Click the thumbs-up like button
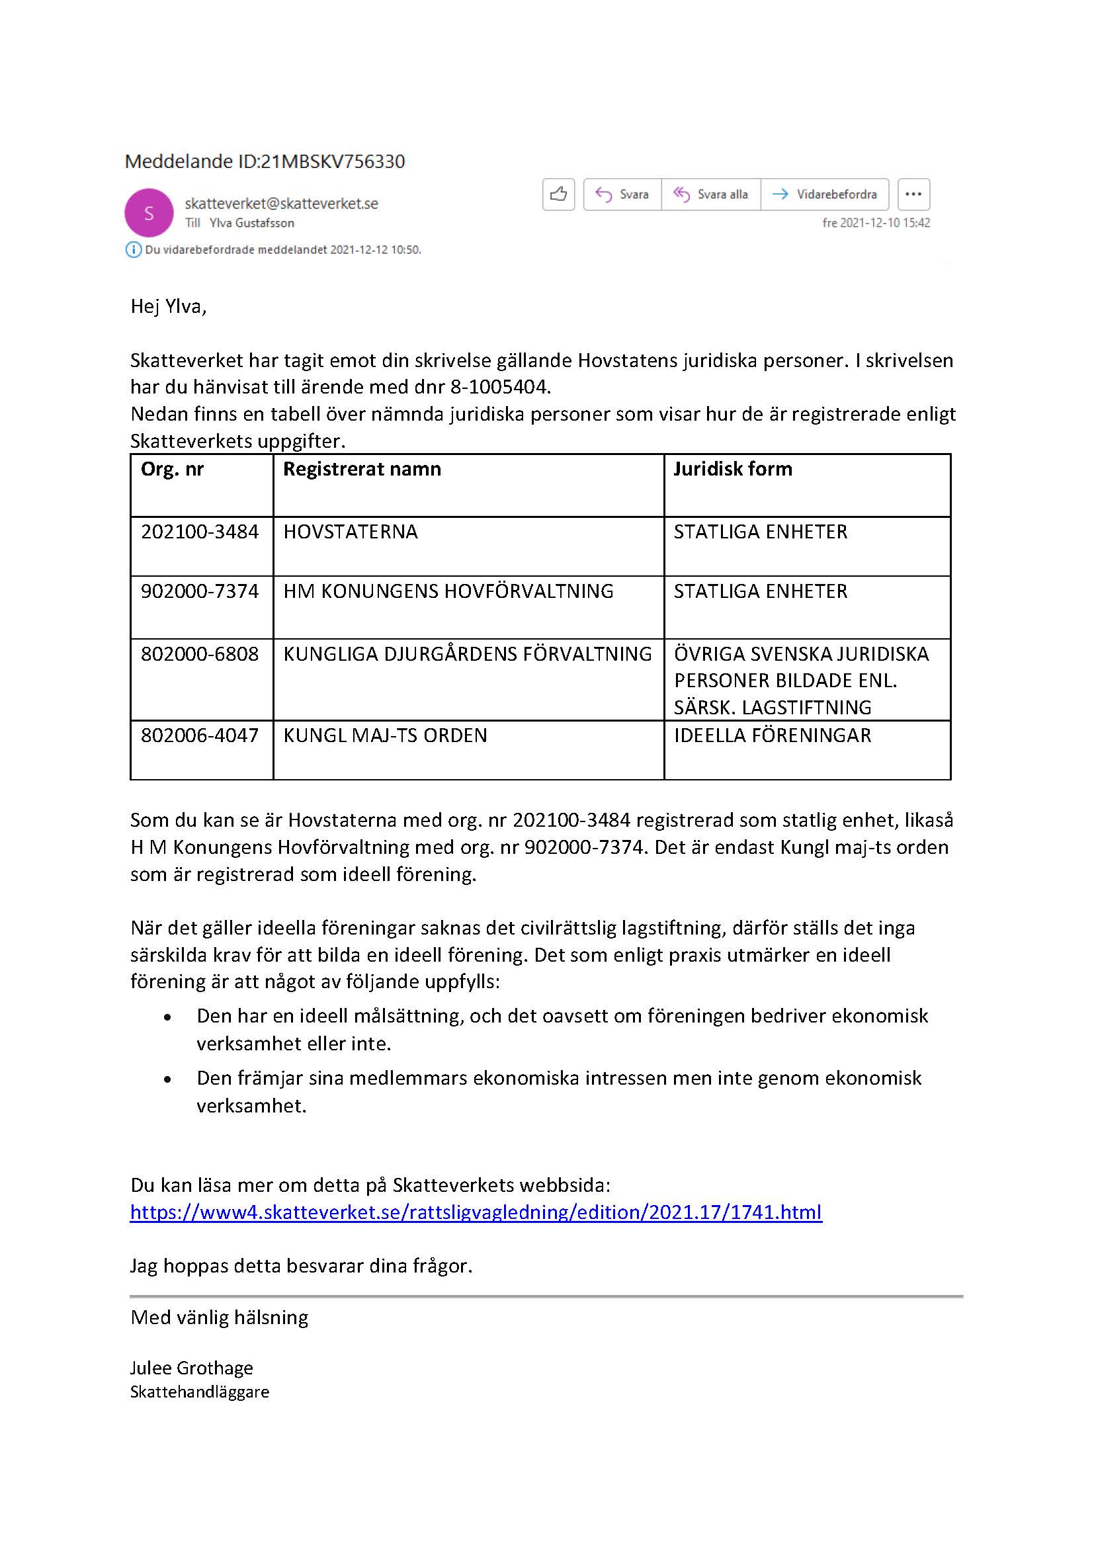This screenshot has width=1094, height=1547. tap(558, 194)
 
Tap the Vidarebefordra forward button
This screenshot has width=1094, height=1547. tap(825, 194)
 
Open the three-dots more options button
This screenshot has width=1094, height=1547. tap(913, 194)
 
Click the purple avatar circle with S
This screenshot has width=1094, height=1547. tap(149, 213)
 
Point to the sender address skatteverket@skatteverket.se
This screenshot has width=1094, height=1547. tap(281, 204)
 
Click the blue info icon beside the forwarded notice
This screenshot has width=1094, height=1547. tap(134, 250)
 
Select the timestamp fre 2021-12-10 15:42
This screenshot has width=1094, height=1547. tap(876, 223)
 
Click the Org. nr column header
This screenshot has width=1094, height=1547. tap(173, 469)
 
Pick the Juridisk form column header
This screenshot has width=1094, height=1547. tap(733, 469)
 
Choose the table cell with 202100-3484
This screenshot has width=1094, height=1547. tap(199, 532)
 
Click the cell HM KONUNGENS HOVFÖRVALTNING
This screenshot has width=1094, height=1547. tap(448, 591)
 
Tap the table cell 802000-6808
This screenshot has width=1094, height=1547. tap(199, 653)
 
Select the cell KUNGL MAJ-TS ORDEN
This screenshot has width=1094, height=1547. tap(385, 735)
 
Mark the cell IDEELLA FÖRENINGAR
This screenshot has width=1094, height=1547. tap(772, 735)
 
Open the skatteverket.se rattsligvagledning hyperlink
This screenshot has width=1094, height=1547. tap(476, 1212)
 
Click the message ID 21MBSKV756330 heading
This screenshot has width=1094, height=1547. tap(265, 161)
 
